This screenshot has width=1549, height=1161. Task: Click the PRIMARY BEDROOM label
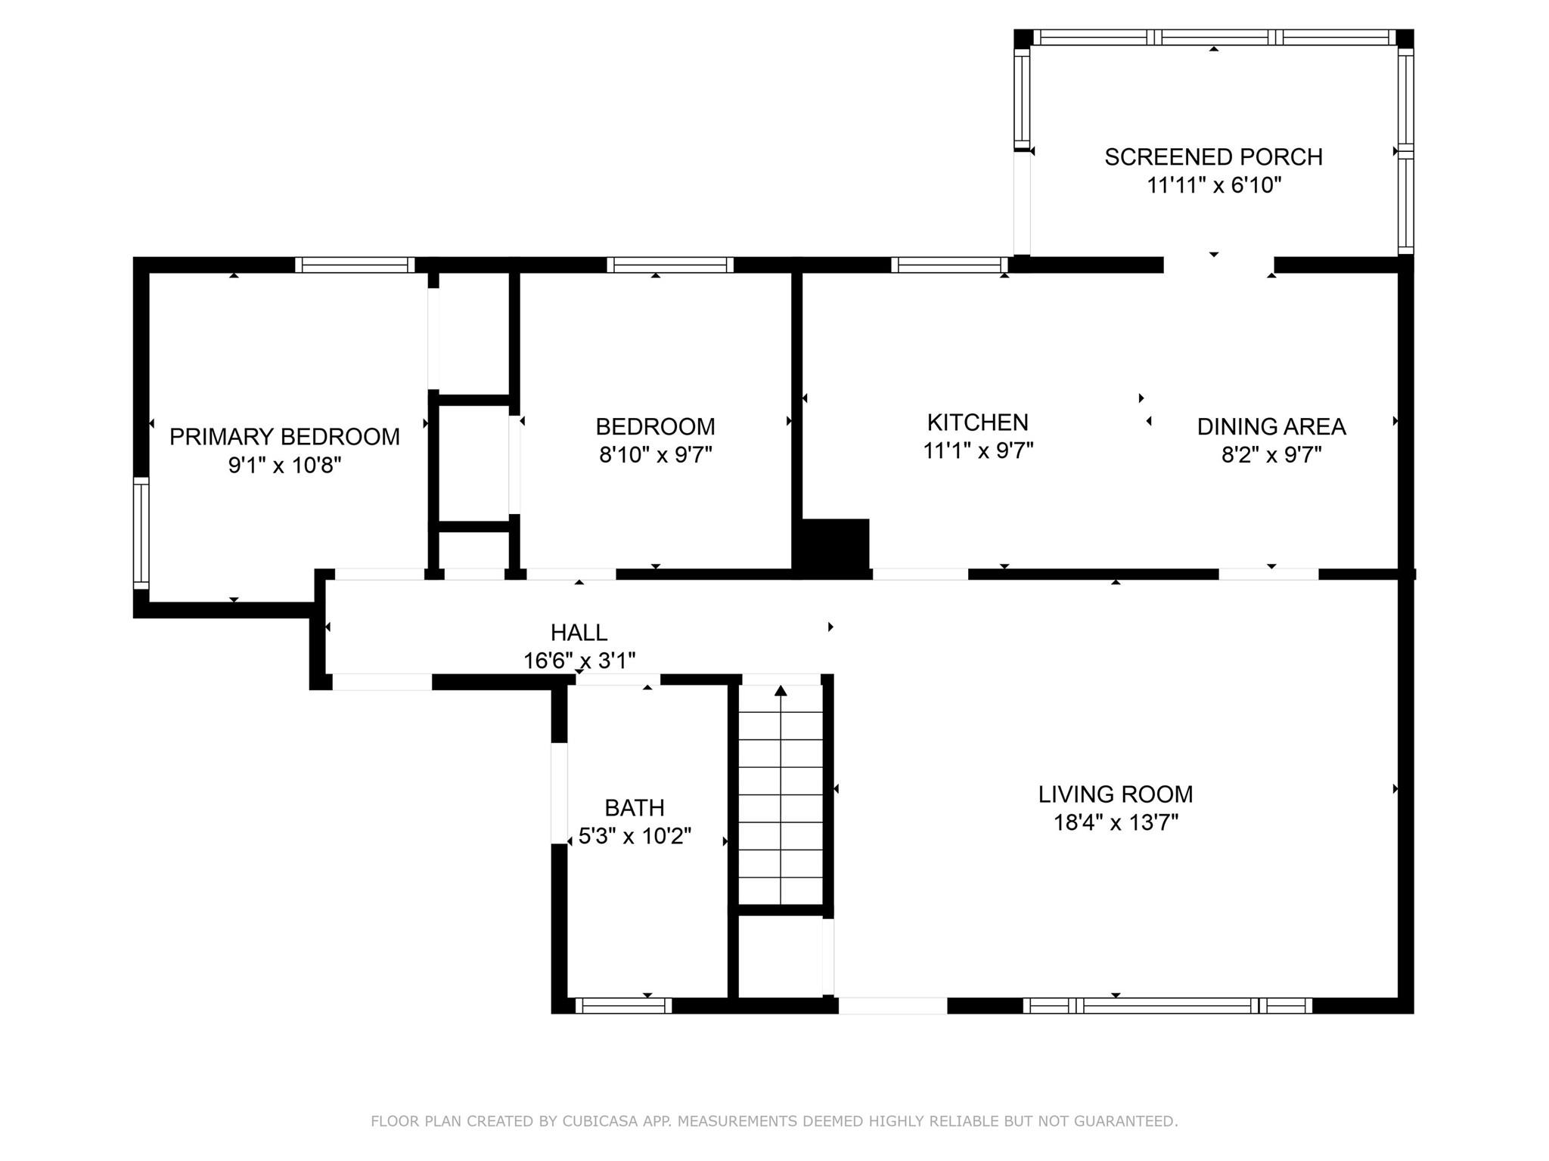pos(284,437)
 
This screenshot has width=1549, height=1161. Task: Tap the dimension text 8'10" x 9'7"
pos(656,455)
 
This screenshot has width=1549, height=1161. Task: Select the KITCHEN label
pos(978,422)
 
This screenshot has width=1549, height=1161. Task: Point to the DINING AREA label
pos(1271,426)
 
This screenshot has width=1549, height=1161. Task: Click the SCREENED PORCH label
pos(1214,156)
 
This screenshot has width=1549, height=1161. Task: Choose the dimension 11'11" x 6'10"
pos(1214,185)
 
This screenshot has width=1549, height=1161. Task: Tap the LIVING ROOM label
pos(1116,794)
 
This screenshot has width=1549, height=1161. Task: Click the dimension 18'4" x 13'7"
pos(1116,822)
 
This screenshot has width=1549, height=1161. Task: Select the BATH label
pos(635,808)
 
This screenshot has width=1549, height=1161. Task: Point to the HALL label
pos(579,633)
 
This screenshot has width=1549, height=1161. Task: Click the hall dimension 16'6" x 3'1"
pos(579,661)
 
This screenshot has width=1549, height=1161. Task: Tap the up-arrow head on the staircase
pos(781,690)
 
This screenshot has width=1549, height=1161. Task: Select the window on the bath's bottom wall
pos(624,1005)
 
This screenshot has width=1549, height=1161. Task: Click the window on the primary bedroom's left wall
pos(141,533)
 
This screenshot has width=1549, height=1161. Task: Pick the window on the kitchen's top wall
pos(949,265)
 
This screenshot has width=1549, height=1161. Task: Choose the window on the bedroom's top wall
pos(670,265)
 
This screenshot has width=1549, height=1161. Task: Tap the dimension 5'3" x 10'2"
pos(635,837)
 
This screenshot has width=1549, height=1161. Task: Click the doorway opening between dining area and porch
pos(1218,265)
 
